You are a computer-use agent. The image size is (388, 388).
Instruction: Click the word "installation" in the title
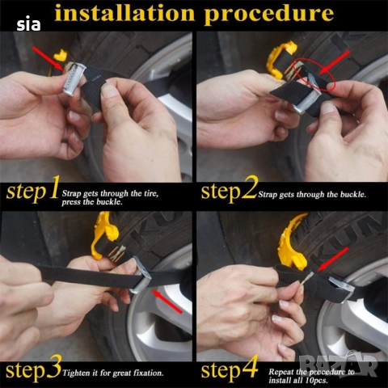pyautogui.click(x=124, y=13)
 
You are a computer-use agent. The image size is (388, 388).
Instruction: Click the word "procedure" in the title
pyautogui.click(x=269, y=15)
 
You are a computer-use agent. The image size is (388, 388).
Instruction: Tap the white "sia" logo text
pyautogui.click(x=28, y=25)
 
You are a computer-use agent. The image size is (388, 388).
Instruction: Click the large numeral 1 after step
pyautogui.click(x=53, y=187)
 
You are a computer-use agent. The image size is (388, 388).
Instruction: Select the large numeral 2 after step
pyautogui.click(x=249, y=187)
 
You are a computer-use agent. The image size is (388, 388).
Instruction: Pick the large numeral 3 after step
pyautogui.click(x=53, y=367)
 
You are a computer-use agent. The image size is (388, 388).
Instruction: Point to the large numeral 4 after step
pyautogui.click(x=250, y=366)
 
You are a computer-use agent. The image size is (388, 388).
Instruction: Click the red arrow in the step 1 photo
pyautogui.click(x=48, y=59)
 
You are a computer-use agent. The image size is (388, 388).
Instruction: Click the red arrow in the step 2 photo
pyautogui.click(x=335, y=62)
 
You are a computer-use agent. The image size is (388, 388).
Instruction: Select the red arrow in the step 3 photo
pyautogui.click(x=167, y=301)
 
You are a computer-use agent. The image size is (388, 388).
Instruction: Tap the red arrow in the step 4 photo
pyautogui.click(x=333, y=259)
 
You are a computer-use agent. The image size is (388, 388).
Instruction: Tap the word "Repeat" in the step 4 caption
pyautogui.click(x=280, y=372)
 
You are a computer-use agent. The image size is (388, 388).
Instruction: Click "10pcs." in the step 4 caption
pyautogui.click(x=317, y=381)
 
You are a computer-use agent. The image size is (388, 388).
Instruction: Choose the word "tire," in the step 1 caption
pyautogui.click(x=149, y=193)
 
